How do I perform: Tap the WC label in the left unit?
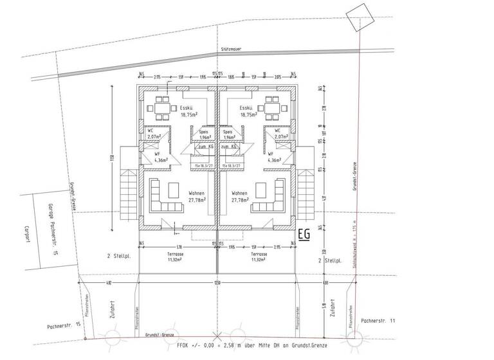pos(151,131)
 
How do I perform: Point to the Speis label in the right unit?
pos(229,131)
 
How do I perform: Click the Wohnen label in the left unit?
pos(196,193)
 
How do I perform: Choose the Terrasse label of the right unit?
pos(259,255)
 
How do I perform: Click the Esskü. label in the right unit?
pos(244,108)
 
